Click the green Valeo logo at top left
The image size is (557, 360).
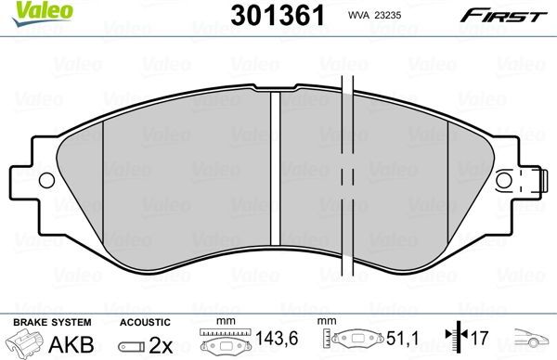pyautogui.click(x=24, y=10)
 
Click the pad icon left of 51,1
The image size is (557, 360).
pyautogui.click(x=354, y=341)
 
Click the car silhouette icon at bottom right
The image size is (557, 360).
pyautogui.click(x=528, y=342)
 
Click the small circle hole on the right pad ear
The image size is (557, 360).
pyautogui.click(x=505, y=181)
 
